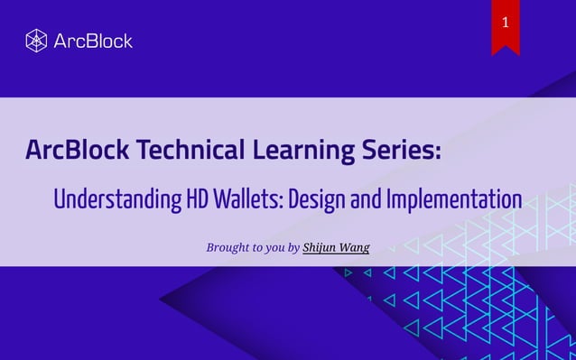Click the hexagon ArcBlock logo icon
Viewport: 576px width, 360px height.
coord(36,41)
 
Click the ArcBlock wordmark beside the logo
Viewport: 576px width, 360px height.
coord(93,41)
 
